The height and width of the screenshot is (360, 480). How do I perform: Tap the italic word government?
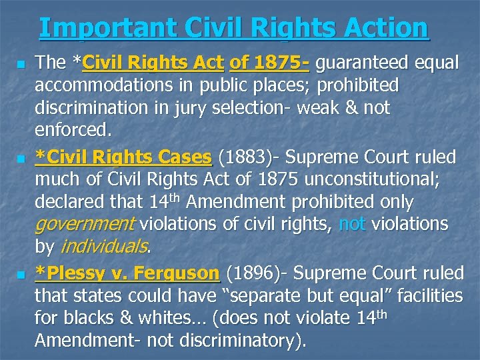click(x=85, y=224)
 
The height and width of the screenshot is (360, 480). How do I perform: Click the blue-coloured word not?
click(x=351, y=224)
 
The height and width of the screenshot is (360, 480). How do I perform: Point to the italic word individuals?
click(x=104, y=247)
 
